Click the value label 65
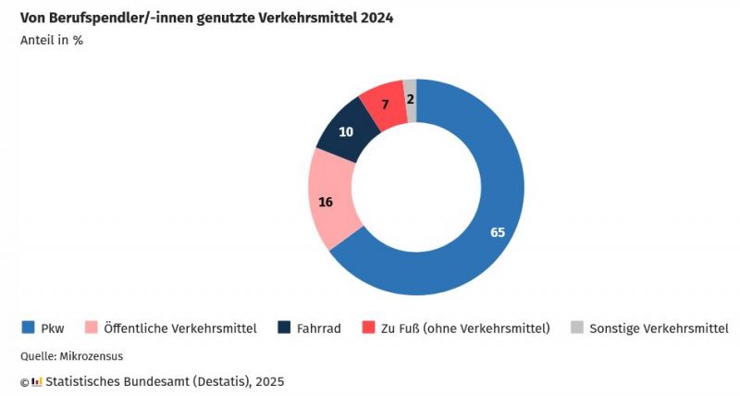point(498,232)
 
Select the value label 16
point(326,203)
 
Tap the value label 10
point(346,132)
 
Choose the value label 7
point(385,105)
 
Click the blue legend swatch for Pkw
point(28,328)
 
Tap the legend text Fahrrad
point(319,328)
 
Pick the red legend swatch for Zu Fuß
point(368,328)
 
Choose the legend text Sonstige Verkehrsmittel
point(659,328)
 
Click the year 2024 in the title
point(376,18)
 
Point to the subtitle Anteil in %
point(52,40)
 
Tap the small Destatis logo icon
point(36,381)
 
